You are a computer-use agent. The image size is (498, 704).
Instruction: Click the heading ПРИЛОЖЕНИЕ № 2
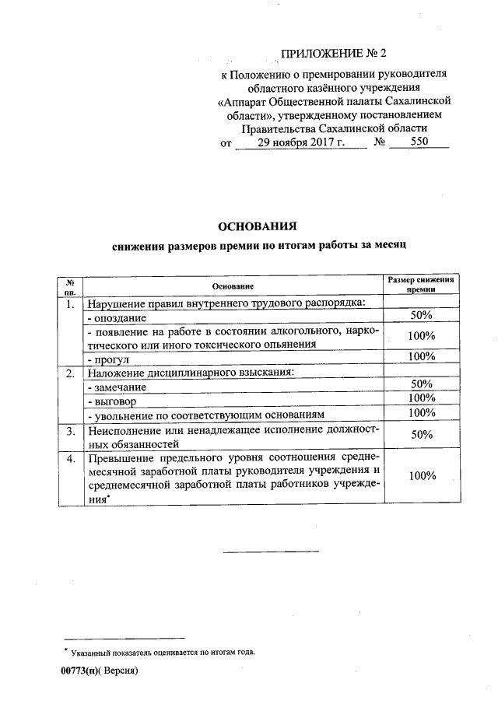tap(333, 54)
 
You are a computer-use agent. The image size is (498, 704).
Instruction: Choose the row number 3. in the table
tap(70, 430)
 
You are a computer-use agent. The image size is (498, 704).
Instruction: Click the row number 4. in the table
tap(70, 459)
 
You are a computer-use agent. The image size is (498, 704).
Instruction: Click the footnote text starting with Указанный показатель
tap(163, 652)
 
